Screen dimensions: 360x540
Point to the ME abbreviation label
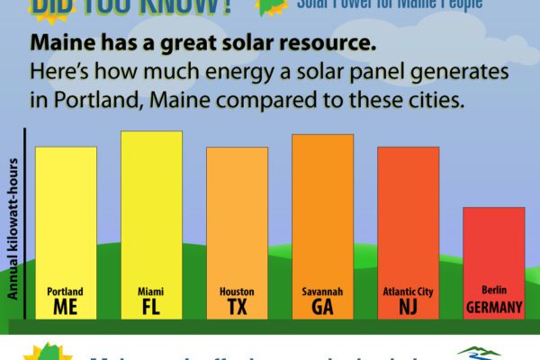[66, 308]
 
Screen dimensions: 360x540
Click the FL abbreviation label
[151, 308]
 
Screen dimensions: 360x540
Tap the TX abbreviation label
[237, 308]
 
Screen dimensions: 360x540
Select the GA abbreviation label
[322, 308]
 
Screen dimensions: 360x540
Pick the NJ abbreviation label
[408, 308]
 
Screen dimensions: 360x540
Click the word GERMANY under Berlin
[494, 308]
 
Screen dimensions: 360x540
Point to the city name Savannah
[322, 292]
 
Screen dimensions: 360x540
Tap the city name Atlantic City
[408, 292]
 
